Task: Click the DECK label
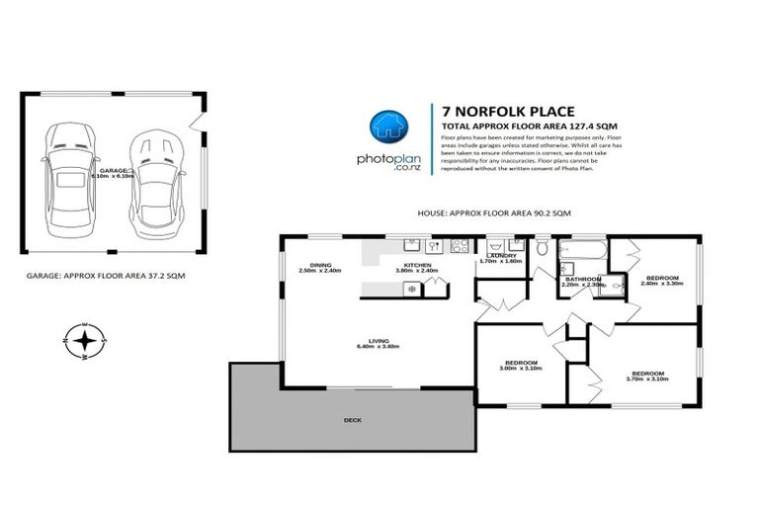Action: (x=353, y=421)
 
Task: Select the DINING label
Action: (x=320, y=265)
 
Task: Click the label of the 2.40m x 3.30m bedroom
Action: (x=662, y=280)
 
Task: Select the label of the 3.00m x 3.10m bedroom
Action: (x=520, y=364)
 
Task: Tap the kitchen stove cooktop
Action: (x=458, y=246)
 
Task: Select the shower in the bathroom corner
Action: (x=614, y=286)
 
